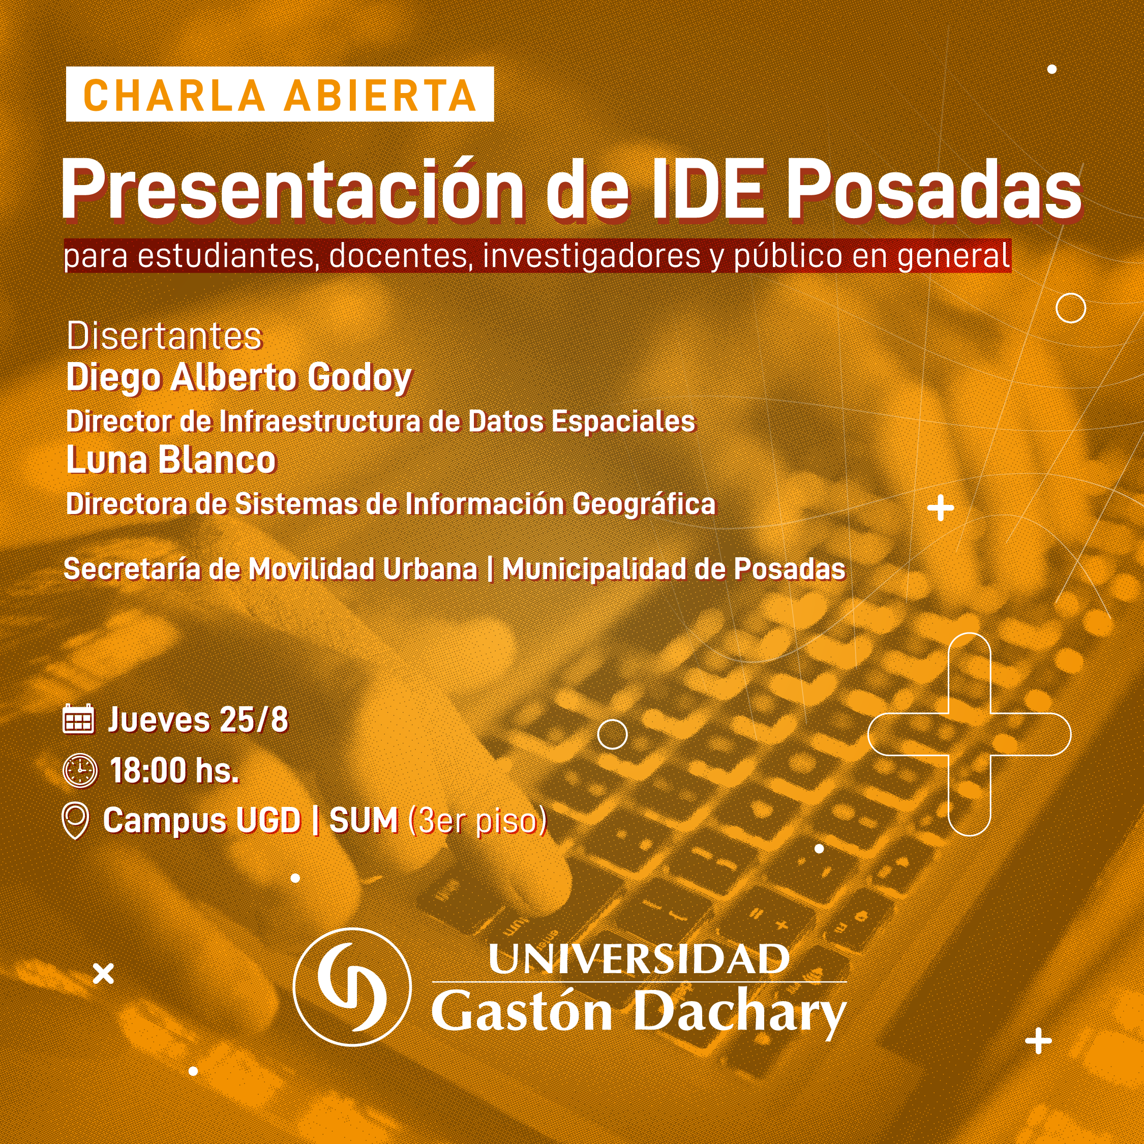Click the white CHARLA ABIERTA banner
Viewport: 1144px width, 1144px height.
click(x=280, y=94)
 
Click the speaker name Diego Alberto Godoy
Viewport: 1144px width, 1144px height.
click(x=239, y=378)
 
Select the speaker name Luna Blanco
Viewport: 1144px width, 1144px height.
click(x=171, y=460)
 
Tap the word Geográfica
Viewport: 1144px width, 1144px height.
click(x=644, y=504)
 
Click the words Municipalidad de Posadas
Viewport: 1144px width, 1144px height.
click(x=674, y=569)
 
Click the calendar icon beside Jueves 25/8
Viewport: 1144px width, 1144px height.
click(x=78, y=719)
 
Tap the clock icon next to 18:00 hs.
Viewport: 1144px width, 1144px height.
click(x=80, y=770)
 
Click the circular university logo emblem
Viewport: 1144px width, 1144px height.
click(x=352, y=987)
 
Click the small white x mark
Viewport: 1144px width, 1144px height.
click(x=104, y=974)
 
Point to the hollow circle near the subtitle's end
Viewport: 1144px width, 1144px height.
click(x=1071, y=308)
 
